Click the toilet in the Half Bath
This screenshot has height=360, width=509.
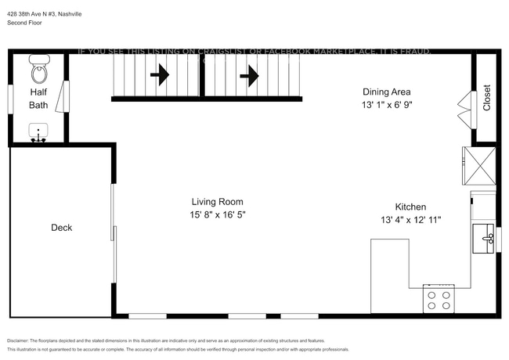click(39, 73)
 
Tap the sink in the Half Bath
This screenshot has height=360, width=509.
click(38, 131)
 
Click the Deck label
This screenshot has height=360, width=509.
click(62, 228)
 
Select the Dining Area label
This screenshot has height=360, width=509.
click(387, 91)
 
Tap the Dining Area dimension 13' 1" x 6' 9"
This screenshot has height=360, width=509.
click(387, 104)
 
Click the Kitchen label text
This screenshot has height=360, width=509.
click(410, 207)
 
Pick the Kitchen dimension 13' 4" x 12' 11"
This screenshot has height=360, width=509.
click(410, 220)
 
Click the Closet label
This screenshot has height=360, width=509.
click(486, 98)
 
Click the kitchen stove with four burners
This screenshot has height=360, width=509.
click(439, 301)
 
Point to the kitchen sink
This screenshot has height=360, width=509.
click(483, 235)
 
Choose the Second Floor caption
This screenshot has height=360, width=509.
click(26, 23)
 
